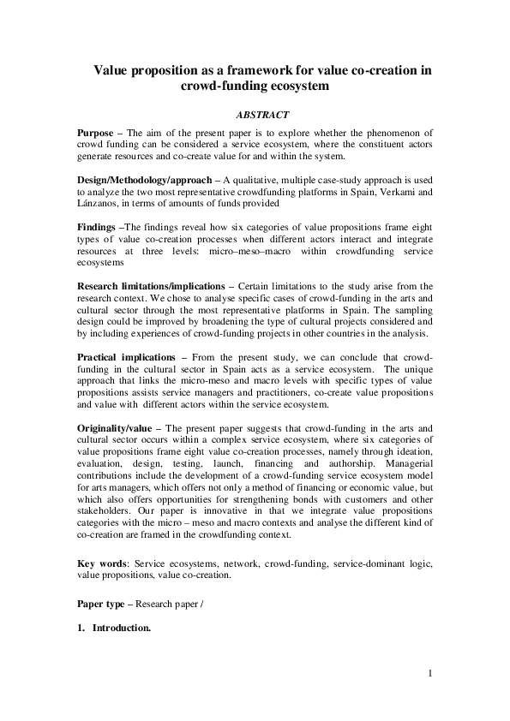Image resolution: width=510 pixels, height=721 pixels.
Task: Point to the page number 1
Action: pyautogui.click(x=429, y=674)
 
